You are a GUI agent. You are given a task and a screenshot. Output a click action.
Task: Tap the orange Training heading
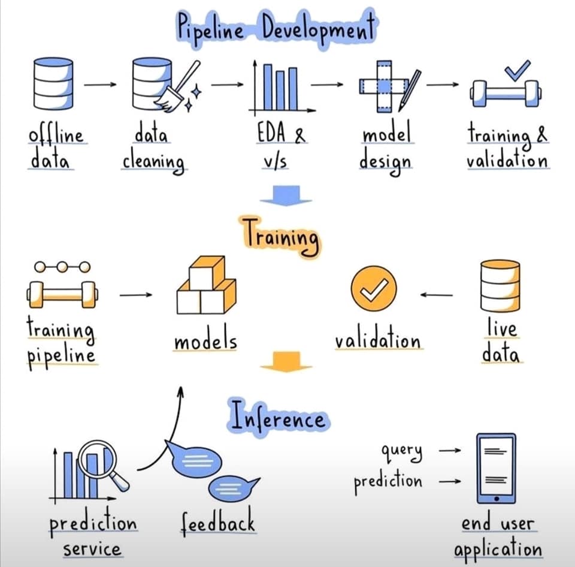pos(281,237)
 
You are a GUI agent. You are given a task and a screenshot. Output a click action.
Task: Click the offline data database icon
pos(53,84)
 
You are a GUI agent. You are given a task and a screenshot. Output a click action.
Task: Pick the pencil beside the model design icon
pos(409,91)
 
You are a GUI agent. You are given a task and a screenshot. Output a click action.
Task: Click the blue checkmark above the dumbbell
pos(517,71)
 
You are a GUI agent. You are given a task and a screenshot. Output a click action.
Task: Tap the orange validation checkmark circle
pos(374,289)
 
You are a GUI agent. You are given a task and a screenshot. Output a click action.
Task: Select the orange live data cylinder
pos(500,286)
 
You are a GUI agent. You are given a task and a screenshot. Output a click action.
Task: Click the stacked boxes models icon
pos(207,285)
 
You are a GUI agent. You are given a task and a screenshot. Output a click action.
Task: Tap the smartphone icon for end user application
pos(496,468)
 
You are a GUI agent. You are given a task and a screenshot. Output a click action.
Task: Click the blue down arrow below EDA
pos(286,195)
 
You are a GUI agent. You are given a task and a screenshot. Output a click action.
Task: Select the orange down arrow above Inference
pos(286,361)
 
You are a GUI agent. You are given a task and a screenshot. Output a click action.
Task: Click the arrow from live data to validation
pos(437,295)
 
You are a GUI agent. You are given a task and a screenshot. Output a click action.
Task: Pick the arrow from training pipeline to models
pos(136,295)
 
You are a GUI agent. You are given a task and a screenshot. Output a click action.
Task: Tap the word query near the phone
pos(401,451)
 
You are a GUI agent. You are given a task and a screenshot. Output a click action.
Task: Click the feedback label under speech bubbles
pos(218,521)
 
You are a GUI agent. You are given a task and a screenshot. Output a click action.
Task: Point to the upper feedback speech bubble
pos(194,459)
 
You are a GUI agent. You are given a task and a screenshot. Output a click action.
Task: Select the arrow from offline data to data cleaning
pos(100,85)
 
